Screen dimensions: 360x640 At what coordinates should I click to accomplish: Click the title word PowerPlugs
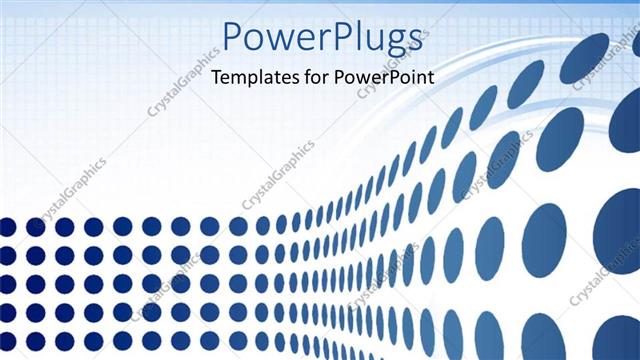click(321, 38)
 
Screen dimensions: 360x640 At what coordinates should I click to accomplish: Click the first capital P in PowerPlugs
click(233, 36)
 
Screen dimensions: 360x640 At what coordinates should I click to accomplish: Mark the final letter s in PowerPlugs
click(411, 40)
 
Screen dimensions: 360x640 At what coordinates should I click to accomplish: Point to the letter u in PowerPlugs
click(370, 40)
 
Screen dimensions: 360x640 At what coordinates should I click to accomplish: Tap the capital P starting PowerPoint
click(343, 78)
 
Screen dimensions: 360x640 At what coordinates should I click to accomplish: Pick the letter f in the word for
click(309, 78)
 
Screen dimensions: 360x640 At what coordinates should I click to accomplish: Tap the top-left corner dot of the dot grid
click(7, 227)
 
